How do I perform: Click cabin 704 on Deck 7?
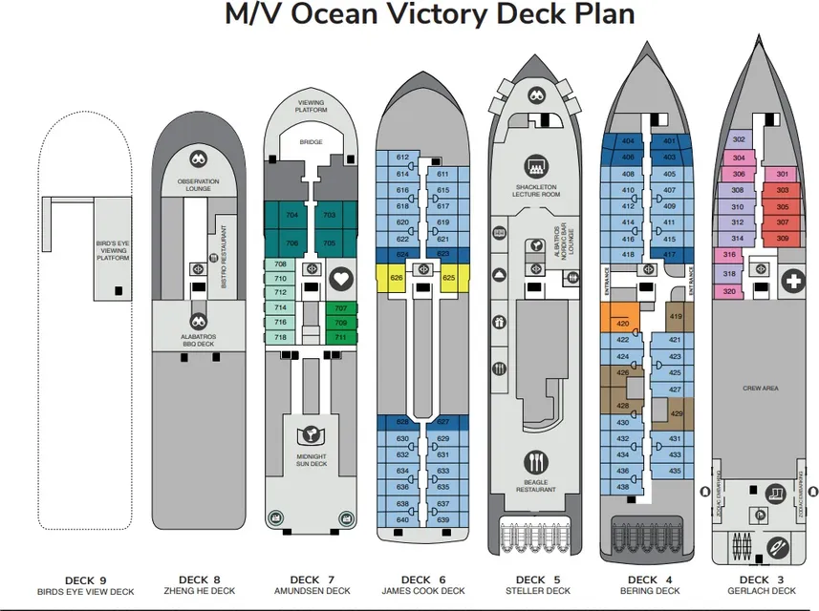(291, 215)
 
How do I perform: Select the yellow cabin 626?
(396, 278)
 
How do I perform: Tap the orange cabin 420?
(623, 324)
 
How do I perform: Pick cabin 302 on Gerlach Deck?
(739, 139)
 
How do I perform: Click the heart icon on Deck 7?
(340, 279)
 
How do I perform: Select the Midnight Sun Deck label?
(311, 462)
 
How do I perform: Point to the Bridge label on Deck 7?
(311, 142)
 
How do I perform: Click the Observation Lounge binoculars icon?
(198, 160)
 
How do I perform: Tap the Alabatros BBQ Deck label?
(198, 341)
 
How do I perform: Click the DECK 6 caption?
(415, 579)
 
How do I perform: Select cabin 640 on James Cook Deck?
(402, 519)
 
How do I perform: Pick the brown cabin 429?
(675, 413)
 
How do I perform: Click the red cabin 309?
(783, 238)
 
